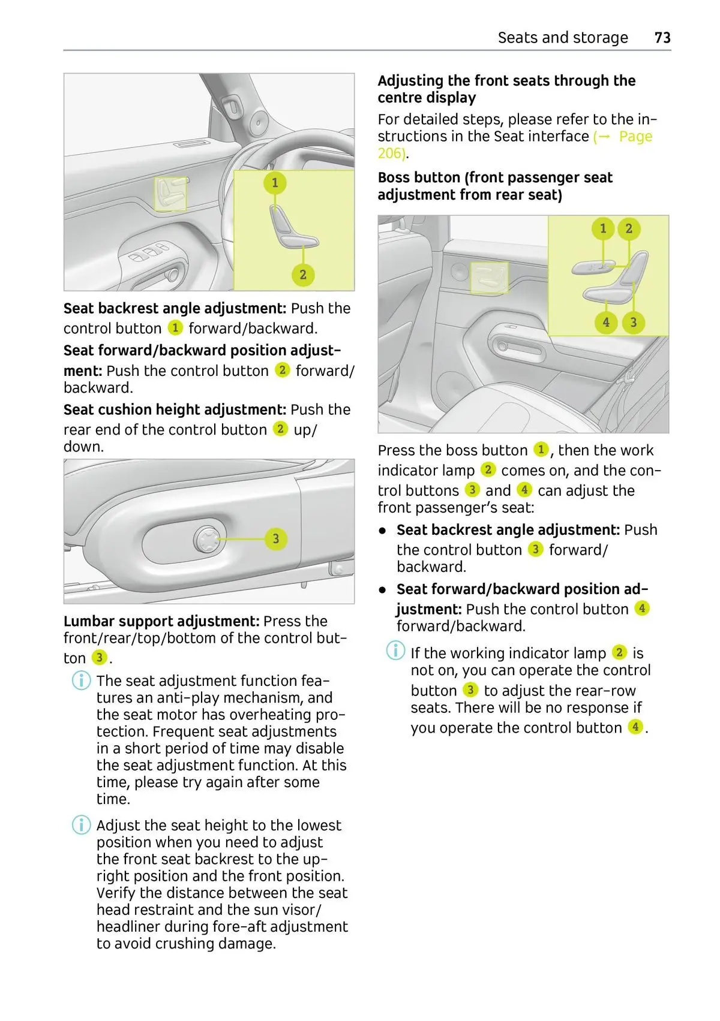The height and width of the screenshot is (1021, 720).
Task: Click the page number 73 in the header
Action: click(x=662, y=38)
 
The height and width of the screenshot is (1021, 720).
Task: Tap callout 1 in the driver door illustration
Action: click(x=275, y=183)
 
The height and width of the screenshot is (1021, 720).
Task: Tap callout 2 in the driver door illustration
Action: click(x=303, y=275)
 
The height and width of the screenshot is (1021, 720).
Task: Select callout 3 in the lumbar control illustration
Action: click(x=276, y=538)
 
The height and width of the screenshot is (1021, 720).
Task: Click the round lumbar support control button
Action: click(x=207, y=539)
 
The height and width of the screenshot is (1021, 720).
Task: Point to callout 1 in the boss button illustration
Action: click(x=603, y=228)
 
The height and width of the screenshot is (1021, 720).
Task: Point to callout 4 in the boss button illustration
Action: click(x=606, y=323)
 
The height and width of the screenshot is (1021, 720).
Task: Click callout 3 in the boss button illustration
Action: click(x=633, y=323)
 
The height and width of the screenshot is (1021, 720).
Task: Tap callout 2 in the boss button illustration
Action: click(x=629, y=228)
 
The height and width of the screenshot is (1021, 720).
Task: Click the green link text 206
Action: click(x=391, y=153)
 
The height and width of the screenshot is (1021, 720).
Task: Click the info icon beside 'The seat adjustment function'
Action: click(x=81, y=681)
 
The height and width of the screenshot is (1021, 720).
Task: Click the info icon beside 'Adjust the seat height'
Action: click(x=81, y=826)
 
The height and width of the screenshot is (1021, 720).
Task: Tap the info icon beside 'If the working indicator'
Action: click(x=395, y=650)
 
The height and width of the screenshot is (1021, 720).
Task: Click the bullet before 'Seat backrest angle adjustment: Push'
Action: click(x=382, y=531)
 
